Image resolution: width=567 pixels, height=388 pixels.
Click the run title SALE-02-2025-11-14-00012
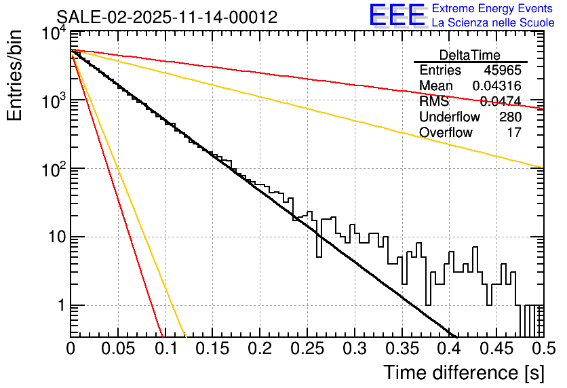coord(167,18)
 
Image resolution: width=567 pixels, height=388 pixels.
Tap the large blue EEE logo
coord(397,16)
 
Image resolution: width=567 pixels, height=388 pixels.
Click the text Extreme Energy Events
coord(492,8)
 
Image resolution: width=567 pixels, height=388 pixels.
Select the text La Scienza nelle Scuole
coord(492,22)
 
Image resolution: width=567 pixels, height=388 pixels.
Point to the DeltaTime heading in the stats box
coord(470,55)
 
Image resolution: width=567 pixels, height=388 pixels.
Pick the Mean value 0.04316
coord(496,86)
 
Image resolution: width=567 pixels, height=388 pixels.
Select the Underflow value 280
coord(510,117)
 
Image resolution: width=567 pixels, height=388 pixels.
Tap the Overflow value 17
coord(514,133)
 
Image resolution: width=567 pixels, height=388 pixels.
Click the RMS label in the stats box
coord(434,102)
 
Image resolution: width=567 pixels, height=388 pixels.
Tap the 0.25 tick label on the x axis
coord(307,348)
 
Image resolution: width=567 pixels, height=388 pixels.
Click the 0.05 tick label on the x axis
coord(118,348)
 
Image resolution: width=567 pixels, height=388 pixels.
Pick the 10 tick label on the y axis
coord(52,237)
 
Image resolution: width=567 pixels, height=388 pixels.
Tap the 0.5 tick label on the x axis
coord(543,348)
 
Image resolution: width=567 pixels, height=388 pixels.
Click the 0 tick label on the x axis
coord(71,348)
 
